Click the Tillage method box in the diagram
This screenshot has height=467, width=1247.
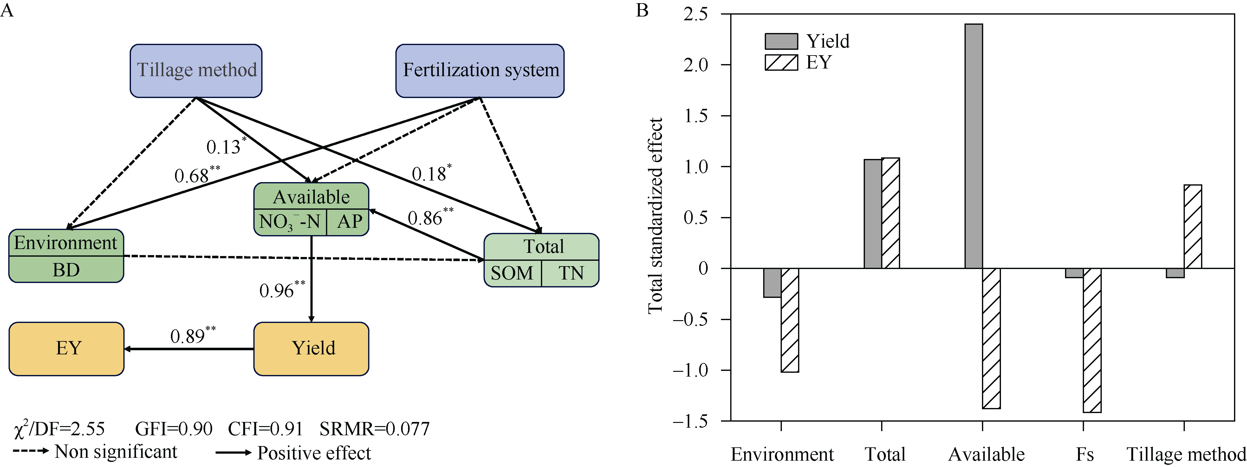[196, 71]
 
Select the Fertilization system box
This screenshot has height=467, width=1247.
[480, 71]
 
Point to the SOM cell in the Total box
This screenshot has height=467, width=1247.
[512, 273]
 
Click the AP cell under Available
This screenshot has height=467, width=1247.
[348, 222]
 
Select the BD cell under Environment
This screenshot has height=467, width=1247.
[66, 270]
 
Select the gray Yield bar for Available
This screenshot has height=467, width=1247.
[973, 145]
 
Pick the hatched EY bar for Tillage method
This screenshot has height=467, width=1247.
[1193, 226]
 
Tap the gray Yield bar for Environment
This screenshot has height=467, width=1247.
[772, 282]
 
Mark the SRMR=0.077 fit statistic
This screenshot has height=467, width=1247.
[374, 429]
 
